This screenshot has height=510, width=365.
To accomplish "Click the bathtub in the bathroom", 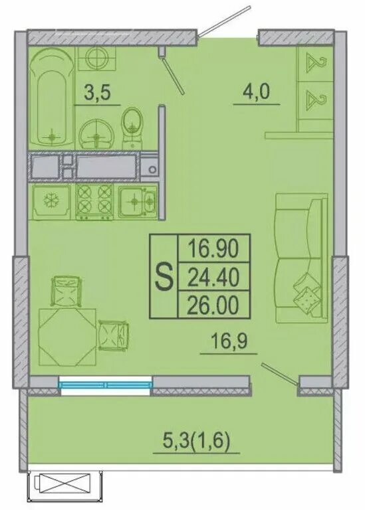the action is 51,98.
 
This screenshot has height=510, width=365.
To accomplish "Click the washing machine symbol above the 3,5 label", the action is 96,58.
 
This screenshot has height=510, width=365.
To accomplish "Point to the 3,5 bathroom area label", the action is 97,92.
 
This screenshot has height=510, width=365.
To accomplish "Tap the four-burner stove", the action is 94,201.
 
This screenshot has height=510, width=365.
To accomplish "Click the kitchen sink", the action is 138,202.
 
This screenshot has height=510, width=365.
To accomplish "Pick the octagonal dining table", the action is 67,337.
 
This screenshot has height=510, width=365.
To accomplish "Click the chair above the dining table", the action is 66,291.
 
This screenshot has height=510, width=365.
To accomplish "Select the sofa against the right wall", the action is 301,258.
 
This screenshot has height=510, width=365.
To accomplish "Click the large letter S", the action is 164,276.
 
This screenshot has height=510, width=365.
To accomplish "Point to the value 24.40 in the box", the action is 214,277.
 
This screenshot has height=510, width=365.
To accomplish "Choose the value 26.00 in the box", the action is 214,305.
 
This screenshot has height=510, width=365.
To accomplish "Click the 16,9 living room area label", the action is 229,341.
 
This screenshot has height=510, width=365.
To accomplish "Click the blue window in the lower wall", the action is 105,385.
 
